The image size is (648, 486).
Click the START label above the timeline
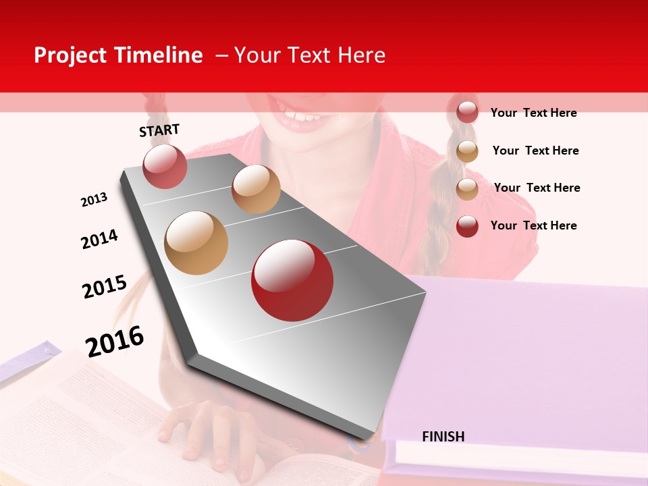pyautogui.click(x=159, y=130)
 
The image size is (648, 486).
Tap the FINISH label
pyautogui.click(x=443, y=437)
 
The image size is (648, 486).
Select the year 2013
pyautogui.click(x=94, y=200)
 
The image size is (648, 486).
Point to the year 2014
pyautogui.click(x=99, y=239)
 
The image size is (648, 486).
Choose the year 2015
pyautogui.click(x=105, y=286)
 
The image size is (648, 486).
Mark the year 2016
pyautogui.click(x=115, y=341)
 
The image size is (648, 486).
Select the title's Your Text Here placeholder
pyautogui.click(x=310, y=55)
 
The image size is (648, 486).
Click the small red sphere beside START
pyautogui.click(x=165, y=166)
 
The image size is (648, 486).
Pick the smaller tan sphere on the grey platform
pyautogui.click(x=256, y=189)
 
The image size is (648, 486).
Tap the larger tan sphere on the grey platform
pyautogui.click(x=196, y=243)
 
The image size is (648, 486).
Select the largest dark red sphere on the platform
pyautogui.click(x=292, y=280)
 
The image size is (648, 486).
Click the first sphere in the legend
pyautogui.click(x=467, y=112)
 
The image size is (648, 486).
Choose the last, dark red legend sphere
pyautogui.click(x=467, y=225)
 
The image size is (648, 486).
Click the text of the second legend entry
pyautogui.click(x=535, y=151)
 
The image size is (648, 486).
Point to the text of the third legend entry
pyautogui.click(x=537, y=188)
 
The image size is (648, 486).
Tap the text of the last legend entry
pyautogui.click(x=533, y=225)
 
